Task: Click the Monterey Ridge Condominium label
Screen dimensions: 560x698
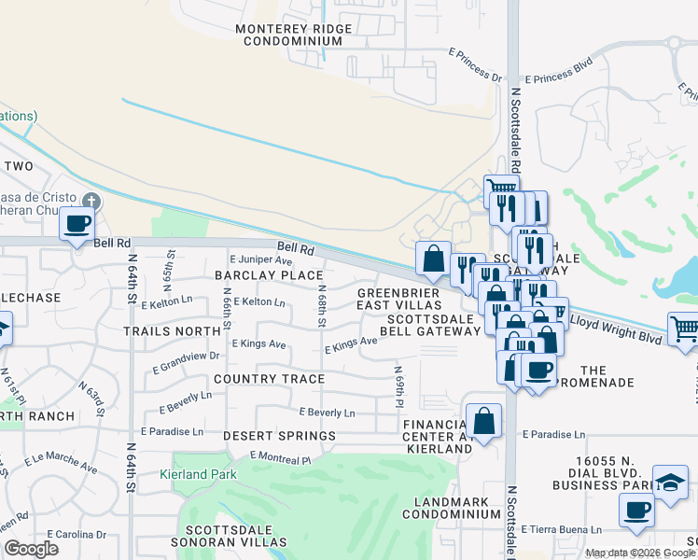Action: coord(288,35)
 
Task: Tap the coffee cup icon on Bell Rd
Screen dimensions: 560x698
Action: coord(77,224)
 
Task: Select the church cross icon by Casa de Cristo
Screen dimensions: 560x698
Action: coord(91,201)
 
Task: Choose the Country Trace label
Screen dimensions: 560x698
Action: coord(269,379)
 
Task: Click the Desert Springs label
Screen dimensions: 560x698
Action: coord(279,436)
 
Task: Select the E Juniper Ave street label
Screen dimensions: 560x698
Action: coord(260,259)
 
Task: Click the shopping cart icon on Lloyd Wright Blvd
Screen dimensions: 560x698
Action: coord(684,329)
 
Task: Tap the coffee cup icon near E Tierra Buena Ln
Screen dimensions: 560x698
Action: coord(637,510)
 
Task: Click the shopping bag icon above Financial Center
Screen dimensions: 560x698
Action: coord(484,420)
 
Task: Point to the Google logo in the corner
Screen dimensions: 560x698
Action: coord(31,549)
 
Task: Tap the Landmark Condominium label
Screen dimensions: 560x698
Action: coord(452,509)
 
